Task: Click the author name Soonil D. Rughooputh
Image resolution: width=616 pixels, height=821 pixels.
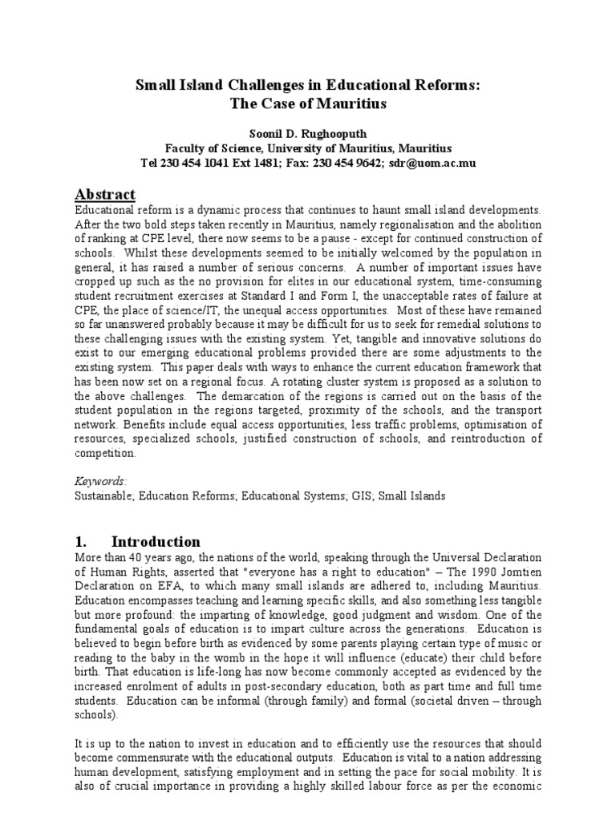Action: [x=307, y=133]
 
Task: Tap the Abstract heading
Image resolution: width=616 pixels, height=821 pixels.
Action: [x=105, y=195]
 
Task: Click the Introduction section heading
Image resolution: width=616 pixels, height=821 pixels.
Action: [x=156, y=541]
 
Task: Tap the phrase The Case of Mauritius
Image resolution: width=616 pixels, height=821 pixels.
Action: [x=307, y=104]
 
